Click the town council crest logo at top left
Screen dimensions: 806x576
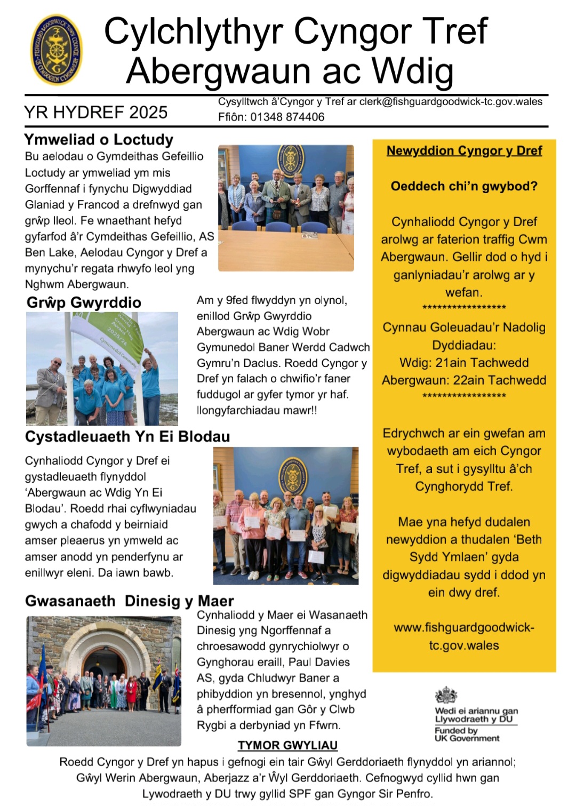[57, 50]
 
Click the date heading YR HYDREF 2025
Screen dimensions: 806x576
[96, 113]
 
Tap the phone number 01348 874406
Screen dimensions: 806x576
[287, 117]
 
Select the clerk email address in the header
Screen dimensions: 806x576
[451, 102]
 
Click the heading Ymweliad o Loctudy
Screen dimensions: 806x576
[99, 140]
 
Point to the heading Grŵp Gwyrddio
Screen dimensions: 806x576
[84, 302]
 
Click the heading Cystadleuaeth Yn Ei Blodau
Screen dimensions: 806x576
[127, 436]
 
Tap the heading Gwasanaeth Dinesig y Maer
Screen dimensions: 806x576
[130, 601]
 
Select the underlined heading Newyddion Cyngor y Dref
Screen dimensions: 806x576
[464, 151]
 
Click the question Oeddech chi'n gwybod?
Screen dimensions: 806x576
[464, 186]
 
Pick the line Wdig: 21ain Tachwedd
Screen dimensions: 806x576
[464, 363]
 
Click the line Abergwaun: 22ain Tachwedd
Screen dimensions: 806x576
[464, 380]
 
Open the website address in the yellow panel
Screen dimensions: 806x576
[464, 636]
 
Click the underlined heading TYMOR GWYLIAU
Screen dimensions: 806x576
[287, 745]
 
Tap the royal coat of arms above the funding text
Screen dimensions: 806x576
[446, 695]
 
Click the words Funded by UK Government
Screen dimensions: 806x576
[467, 735]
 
